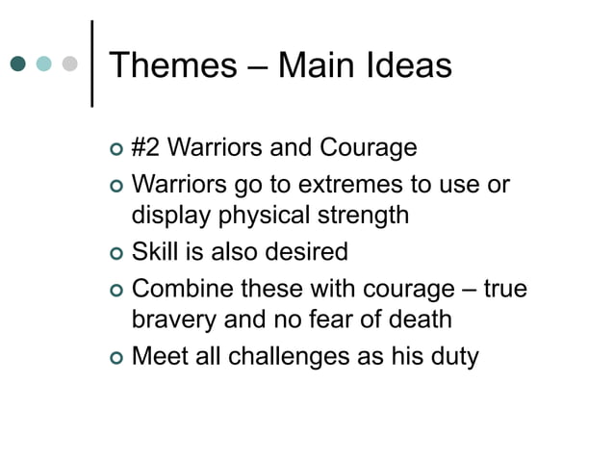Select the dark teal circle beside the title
click(18, 65)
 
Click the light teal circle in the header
click(43, 65)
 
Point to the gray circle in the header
click(68, 65)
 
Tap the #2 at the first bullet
click(144, 149)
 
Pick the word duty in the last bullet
click(451, 356)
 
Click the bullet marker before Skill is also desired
click(116, 254)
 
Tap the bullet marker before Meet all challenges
click(116, 358)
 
